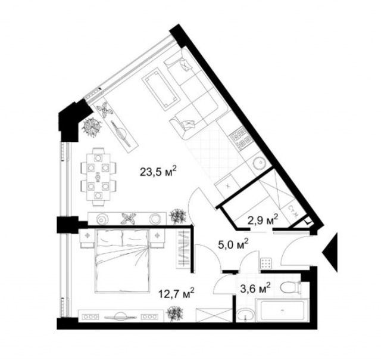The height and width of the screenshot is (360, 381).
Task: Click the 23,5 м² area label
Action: (x=158, y=173)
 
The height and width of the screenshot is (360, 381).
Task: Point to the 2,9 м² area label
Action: (x=262, y=221)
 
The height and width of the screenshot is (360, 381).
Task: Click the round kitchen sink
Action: (x=260, y=163)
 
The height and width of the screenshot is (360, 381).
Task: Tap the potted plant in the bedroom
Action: (x=175, y=312)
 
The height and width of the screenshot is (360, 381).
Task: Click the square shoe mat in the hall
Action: (x=266, y=263)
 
